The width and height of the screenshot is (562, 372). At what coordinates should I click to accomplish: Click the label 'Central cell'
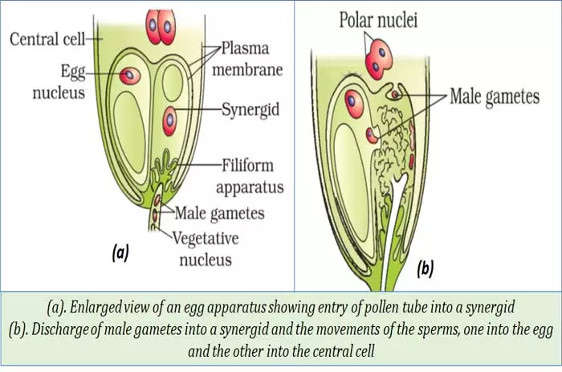click(45, 37)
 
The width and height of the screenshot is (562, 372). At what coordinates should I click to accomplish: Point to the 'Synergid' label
click(251, 108)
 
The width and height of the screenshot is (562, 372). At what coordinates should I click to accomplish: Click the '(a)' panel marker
click(119, 252)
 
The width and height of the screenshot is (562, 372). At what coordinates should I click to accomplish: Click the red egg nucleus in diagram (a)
click(129, 76)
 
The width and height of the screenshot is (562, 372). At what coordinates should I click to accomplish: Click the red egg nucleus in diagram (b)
click(351, 100)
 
